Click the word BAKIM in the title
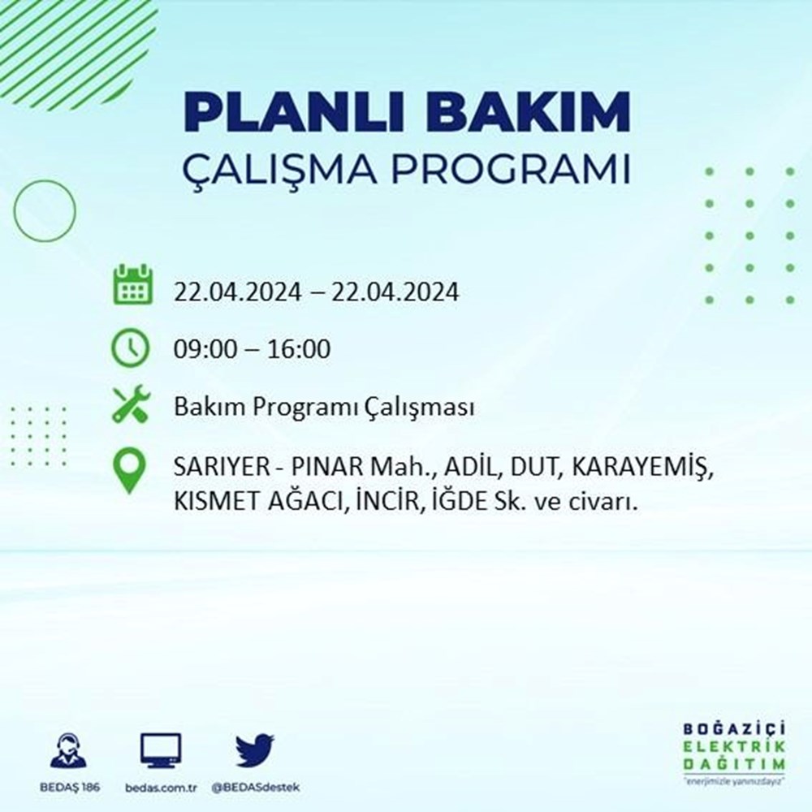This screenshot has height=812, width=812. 528,112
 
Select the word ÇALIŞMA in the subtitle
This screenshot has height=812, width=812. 280,170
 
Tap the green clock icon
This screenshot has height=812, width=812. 131,348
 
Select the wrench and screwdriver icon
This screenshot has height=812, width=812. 131,404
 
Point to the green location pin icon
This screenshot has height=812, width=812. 129,470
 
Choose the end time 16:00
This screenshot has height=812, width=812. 299,349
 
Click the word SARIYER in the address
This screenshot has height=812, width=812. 222,468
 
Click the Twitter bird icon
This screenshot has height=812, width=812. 255,749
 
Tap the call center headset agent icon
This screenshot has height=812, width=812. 69,749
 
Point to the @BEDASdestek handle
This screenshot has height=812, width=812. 255,788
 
